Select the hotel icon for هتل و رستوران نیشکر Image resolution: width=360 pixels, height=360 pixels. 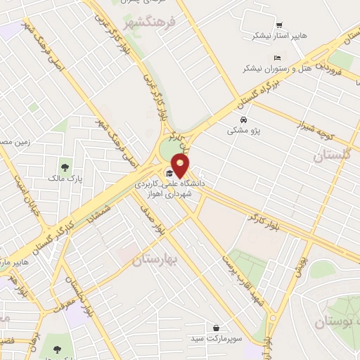pyautogui.click(x=277, y=58)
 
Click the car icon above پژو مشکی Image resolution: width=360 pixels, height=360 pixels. pyautogui.click(x=243, y=119)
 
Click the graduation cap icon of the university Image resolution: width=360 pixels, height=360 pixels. pyautogui.click(x=169, y=173)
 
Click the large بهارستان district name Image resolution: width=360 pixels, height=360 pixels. pyautogui.click(x=155, y=260)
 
